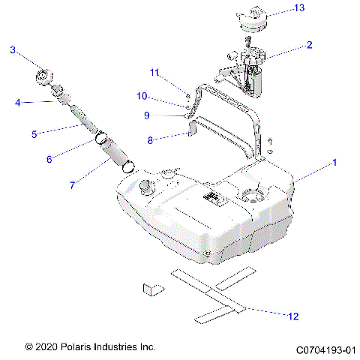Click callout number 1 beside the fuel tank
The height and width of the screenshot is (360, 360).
pyautogui.click(x=335, y=162)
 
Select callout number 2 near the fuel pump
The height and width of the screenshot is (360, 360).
pyautogui.click(x=309, y=45)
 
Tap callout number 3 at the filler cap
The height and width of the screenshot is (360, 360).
pyautogui.click(x=13, y=50)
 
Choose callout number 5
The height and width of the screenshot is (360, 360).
pyautogui.click(x=34, y=134)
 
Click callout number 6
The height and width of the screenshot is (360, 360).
pyautogui.click(x=49, y=159)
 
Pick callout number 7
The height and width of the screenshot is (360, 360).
pyautogui.click(x=72, y=184)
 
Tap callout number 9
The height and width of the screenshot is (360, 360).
pyautogui.click(x=147, y=115)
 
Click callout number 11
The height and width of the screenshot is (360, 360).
pyautogui.click(x=154, y=72)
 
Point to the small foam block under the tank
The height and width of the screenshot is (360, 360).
pyautogui.click(x=152, y=287)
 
